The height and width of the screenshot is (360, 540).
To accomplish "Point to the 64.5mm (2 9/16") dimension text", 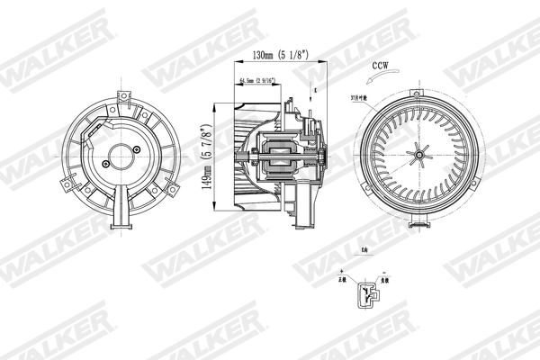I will tap(258, 83).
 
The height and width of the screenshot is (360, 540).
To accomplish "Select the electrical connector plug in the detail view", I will tap(365, 292).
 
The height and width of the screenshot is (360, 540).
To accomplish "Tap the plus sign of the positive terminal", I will tap(346, 272).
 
